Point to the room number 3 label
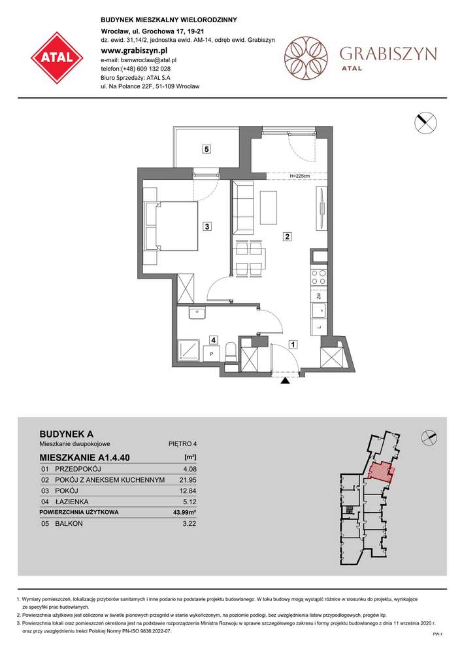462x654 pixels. (x=206, y=227)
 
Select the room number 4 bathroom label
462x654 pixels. (x=213, y=339)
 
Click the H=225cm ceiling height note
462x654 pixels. (x=299, y=176)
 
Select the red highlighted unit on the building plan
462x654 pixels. (x=380, y=472)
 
